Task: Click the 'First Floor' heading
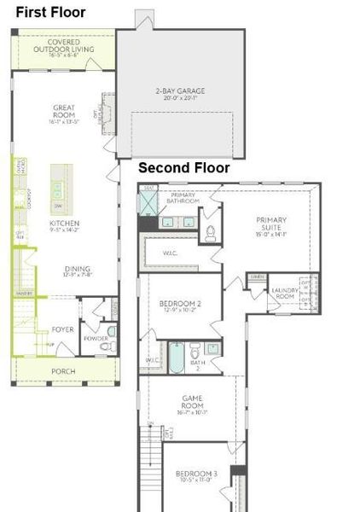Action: (49, 12)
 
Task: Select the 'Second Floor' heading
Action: (183, 168)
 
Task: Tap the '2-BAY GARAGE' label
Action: (179, 91)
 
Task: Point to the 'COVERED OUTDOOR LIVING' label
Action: (65, 46)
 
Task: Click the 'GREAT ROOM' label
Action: (65, 113)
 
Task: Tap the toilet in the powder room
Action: (111, 331)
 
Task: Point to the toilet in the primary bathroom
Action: (211, 232)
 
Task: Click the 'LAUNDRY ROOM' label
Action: (282, 294)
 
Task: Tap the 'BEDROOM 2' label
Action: (180, 305)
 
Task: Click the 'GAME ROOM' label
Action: (191, 402)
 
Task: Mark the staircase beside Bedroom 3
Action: (150, 469)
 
